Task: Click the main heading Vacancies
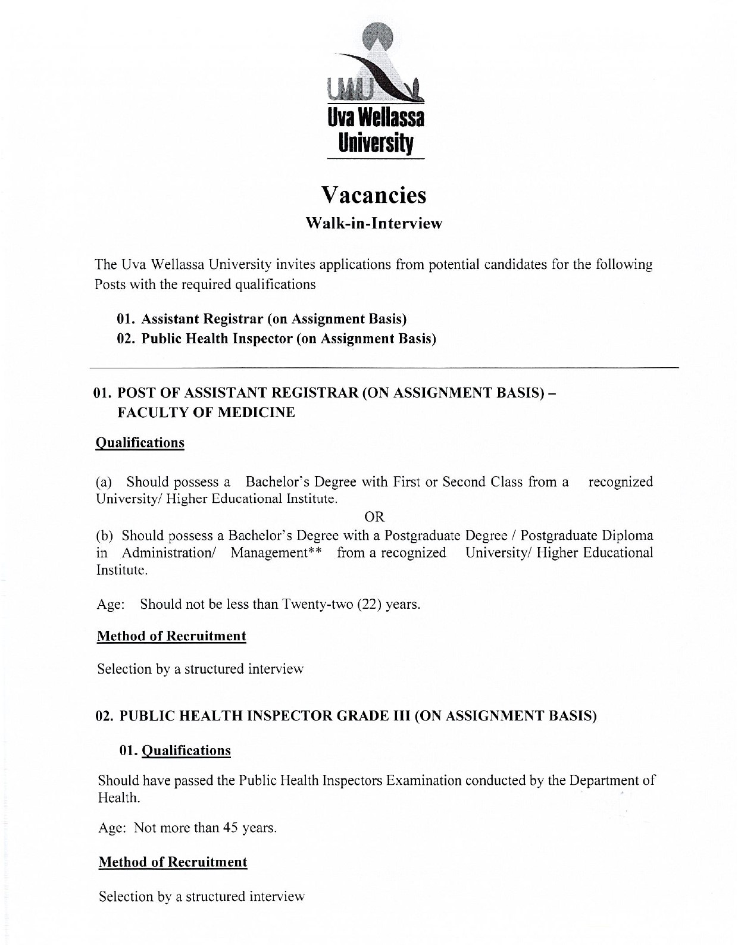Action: (374, 195)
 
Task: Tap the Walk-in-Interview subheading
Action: (374, 224)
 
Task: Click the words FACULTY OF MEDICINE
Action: (206, 412)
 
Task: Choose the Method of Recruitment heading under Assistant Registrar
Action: (171, 636)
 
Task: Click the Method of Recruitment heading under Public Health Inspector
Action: (173, 862)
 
